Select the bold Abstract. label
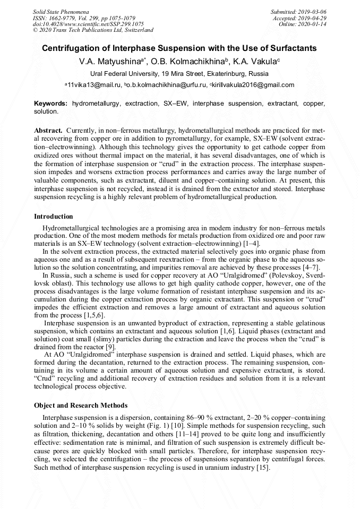pos(48,130)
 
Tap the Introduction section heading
pos(54,217)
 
